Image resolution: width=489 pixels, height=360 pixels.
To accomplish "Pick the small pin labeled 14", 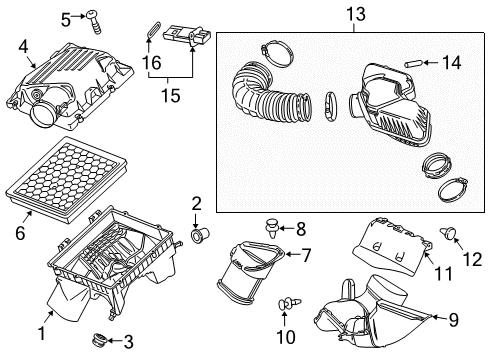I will point(410,63).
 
